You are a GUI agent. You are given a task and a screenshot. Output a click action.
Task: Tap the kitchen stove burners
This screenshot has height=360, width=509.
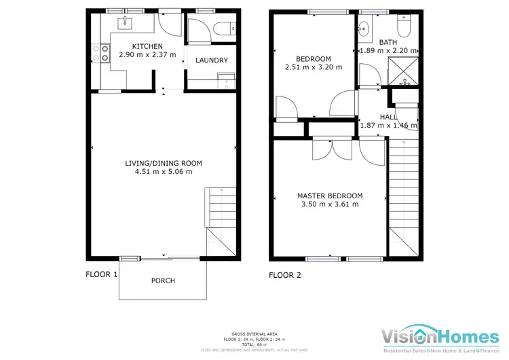tap(106, 53)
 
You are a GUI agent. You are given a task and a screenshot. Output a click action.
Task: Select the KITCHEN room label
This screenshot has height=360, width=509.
tap(147, 46)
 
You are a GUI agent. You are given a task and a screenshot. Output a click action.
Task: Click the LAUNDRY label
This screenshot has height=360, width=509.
tap(211, 60)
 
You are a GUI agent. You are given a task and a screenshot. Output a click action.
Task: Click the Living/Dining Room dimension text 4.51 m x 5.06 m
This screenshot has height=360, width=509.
tap(163, 172)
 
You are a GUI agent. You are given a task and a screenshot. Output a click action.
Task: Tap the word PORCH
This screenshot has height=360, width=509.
tap(163, 281)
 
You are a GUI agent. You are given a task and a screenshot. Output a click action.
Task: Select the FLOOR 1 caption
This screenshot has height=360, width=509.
tap(102, 275)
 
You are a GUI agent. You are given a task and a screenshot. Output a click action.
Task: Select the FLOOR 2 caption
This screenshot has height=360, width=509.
tap(285, 275)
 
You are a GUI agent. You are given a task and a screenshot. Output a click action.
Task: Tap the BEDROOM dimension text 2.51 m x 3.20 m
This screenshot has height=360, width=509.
tap(313, 67)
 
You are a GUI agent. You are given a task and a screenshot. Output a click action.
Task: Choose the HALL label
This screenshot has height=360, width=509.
tap(388, 117)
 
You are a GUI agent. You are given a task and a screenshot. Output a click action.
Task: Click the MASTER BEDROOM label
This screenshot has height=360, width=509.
tap(330, 196)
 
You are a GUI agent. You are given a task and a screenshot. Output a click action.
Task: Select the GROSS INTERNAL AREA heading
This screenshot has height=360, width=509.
tap(254, 334)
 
